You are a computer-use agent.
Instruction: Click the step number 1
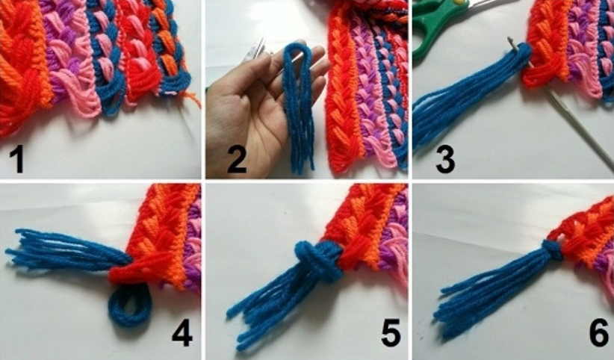click(16, 158)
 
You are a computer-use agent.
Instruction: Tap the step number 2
click(237, 158)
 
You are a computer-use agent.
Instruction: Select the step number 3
click(445, 158)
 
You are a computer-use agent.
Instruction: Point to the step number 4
click(182, 332)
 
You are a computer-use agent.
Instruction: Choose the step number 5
click(391, 332)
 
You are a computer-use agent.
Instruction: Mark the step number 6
click(599, 332)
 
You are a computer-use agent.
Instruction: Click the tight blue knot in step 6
click(552, 251)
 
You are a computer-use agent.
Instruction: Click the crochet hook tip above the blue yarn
click(511, 40)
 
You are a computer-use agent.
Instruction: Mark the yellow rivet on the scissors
click(461, 2)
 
